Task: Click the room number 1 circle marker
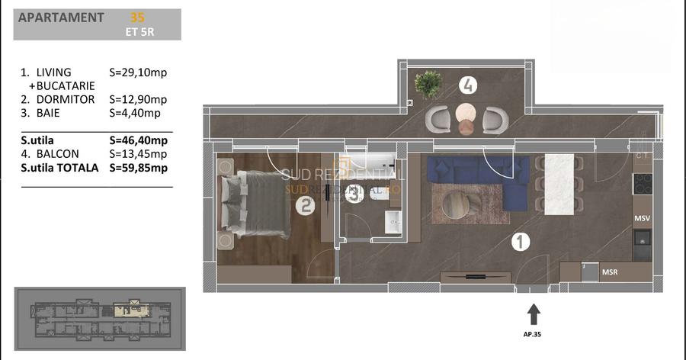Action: coord(520,243)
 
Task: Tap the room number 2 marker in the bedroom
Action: coord(306,205)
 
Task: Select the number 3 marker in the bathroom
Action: coord(353,194)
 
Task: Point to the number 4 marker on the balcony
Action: coord(468,85)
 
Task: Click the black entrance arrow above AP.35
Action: coord(534,313)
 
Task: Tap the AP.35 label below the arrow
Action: coord(534,334)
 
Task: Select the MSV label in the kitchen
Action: coord(642,219)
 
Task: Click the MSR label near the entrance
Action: coord(610,272)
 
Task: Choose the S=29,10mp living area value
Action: coord(139,72)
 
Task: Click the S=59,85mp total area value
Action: coord(139,168)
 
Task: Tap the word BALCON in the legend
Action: coord(60,154)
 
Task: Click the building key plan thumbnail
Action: coord(99,320)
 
